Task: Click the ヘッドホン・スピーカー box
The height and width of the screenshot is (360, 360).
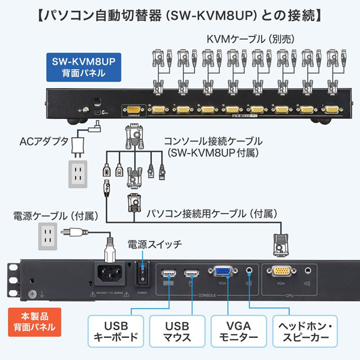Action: pyautogui.click(x=303, y=331)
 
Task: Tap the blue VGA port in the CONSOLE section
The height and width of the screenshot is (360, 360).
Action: pyautogui.click(x=223, y=274)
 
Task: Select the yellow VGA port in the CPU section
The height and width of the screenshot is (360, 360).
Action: pyautogui.click(x=281, y=273)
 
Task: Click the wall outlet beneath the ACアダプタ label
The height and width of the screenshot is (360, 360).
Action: pyautogui.click(x=77, y=172)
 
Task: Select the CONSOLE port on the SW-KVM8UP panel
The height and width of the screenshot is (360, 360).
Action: pyautogui.click(x=133, y=110)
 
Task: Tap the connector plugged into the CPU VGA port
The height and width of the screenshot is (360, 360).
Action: pyautogui.click(x=281, y=244)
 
